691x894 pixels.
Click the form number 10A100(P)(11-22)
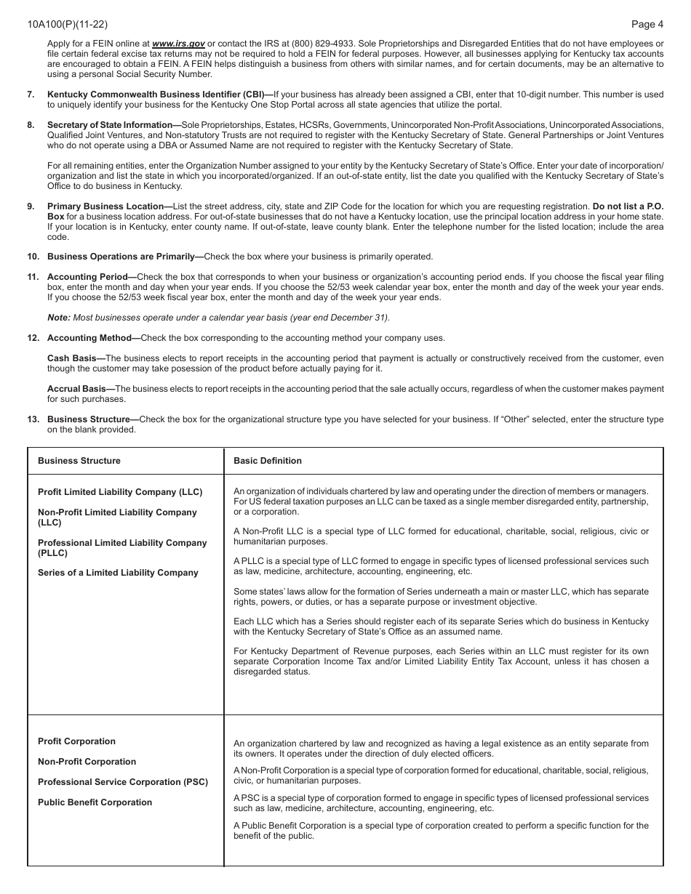(62, 24)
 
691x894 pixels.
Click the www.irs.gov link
(178, 44)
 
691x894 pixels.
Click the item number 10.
(33, 257)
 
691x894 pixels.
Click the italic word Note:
(59, 318)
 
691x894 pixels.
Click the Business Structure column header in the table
(79, 461)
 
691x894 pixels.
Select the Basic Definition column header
(267, 461)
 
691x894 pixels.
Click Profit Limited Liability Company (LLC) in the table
(120, 492)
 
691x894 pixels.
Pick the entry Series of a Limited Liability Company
(118, 573)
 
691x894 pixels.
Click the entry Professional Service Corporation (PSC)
(123, 782)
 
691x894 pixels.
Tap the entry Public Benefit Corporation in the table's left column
(95, 802)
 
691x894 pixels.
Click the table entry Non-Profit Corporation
(87, 762)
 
